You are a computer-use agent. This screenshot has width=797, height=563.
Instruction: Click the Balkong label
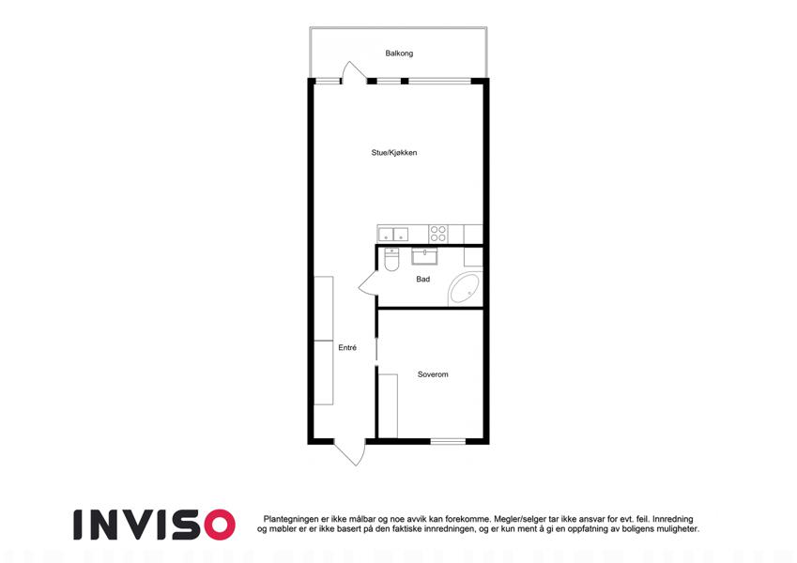point(399,53)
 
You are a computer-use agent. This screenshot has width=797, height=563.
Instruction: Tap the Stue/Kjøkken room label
point(394,152)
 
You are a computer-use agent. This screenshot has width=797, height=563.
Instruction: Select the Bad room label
point(422,279)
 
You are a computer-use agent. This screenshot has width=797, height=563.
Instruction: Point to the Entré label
point(347,347)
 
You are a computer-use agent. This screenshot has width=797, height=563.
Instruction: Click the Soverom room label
point(433,374)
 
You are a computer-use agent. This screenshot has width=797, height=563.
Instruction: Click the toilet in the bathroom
point(391,259)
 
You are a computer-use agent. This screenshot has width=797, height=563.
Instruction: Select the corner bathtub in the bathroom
point(464,289)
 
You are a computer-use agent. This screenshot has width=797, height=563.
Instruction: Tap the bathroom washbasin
point(424,256)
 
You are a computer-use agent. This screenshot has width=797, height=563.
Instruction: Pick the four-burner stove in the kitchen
point(438,234)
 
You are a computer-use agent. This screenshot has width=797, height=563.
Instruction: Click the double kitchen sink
point(393,235)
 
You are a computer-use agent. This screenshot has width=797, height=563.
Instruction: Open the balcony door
point(353,72)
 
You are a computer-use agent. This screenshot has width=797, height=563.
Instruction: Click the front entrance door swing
point(350,452)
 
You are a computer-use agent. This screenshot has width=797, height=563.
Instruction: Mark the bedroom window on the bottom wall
point(448,441)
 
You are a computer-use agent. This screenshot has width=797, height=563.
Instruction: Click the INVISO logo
point(155,525)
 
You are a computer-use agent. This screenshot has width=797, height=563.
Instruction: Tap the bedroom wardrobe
point(389,406)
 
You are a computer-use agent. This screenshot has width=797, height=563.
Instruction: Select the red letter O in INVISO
point(220,525)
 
